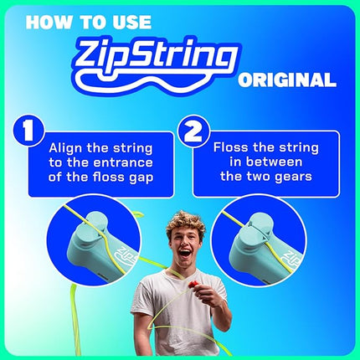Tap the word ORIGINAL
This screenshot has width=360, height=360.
[x=286, y=81]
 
